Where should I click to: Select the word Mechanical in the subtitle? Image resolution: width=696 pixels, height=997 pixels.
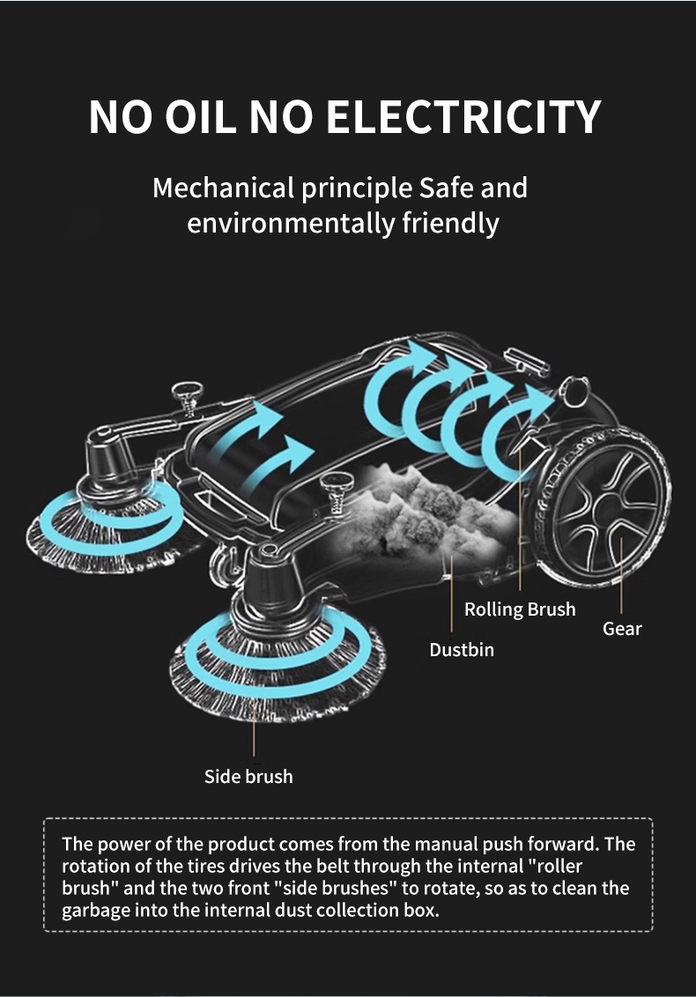pos(223,188)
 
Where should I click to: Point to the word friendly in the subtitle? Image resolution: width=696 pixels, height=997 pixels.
pos(451,222)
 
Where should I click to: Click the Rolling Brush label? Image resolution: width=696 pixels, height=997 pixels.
pos(520,609)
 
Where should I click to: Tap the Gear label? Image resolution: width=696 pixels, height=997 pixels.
pos(622,629)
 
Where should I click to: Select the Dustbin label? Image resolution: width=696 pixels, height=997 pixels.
pos(462,650)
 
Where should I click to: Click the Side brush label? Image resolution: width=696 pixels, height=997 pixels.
pos(248,776)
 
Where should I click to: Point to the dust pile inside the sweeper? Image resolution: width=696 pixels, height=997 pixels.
pos(414,511)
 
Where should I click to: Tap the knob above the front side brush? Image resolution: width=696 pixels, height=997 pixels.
pos(336,484)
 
